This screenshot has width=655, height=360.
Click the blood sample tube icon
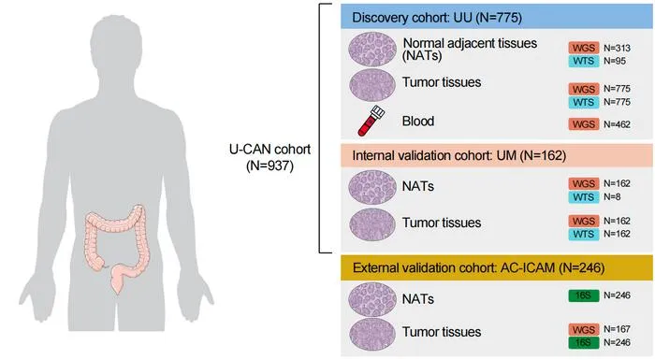pos(371,121)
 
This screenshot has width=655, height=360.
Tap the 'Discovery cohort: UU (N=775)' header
pos(437,18)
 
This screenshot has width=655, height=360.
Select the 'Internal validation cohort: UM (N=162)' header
pos(459,156)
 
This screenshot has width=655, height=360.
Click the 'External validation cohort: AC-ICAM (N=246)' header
pos(479,267)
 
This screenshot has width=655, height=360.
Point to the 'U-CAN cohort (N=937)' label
pos(269,157)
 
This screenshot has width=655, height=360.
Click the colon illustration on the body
pos(116,247)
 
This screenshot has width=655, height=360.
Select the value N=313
pos(617,48)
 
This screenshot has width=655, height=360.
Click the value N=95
pos(615,61)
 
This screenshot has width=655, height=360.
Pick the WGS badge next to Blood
pos(584,124)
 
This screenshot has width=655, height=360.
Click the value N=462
pos(617,124)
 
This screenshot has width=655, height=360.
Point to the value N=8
pos(612,196)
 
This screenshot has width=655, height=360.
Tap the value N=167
pos(617,329)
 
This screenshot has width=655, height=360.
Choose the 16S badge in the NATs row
pos(584,295)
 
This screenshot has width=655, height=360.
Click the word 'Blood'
pos(418,122)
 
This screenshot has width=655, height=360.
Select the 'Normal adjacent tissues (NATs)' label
pos(470,49)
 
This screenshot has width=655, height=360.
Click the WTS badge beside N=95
pos(584,61)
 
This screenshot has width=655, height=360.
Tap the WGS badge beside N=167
pos(584,329)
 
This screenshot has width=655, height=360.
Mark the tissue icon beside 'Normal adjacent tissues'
pos(372,50)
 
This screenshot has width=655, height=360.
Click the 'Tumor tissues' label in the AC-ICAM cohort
pos(442,332)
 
